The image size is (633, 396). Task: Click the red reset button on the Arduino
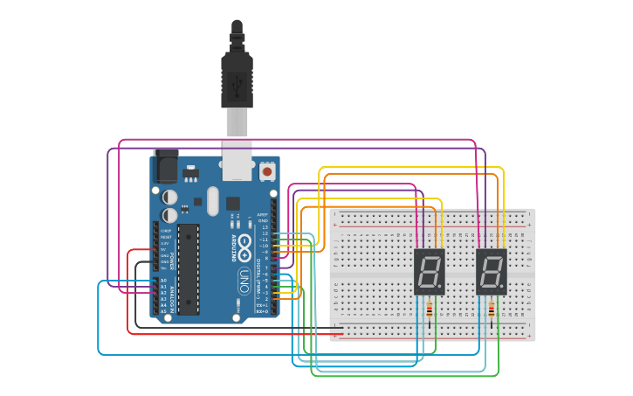coord(266,172)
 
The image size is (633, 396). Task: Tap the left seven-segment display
coord(429,272)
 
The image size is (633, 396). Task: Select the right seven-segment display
coord(492,272)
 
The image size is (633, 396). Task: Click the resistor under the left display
coord(430,309)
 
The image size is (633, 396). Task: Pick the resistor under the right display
coord(492,309)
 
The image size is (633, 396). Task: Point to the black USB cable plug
coord(237,74)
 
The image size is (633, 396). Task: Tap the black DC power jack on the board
coord(165,166)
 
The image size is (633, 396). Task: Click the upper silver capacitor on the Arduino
coord(170,198)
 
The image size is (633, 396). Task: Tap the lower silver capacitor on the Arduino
coord(170,214)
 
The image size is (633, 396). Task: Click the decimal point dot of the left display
coord(442,288)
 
